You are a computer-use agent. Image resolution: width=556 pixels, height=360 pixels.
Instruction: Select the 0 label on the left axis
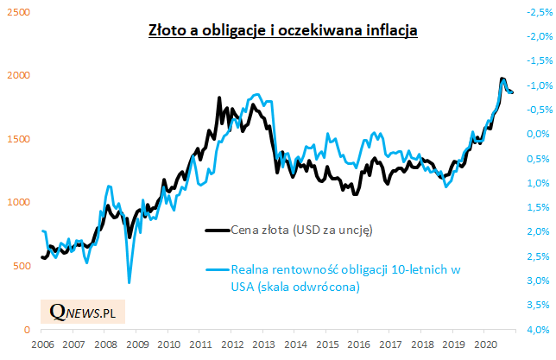pos(25,330)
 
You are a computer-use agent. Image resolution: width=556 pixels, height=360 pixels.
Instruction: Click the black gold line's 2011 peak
pos(218,98)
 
